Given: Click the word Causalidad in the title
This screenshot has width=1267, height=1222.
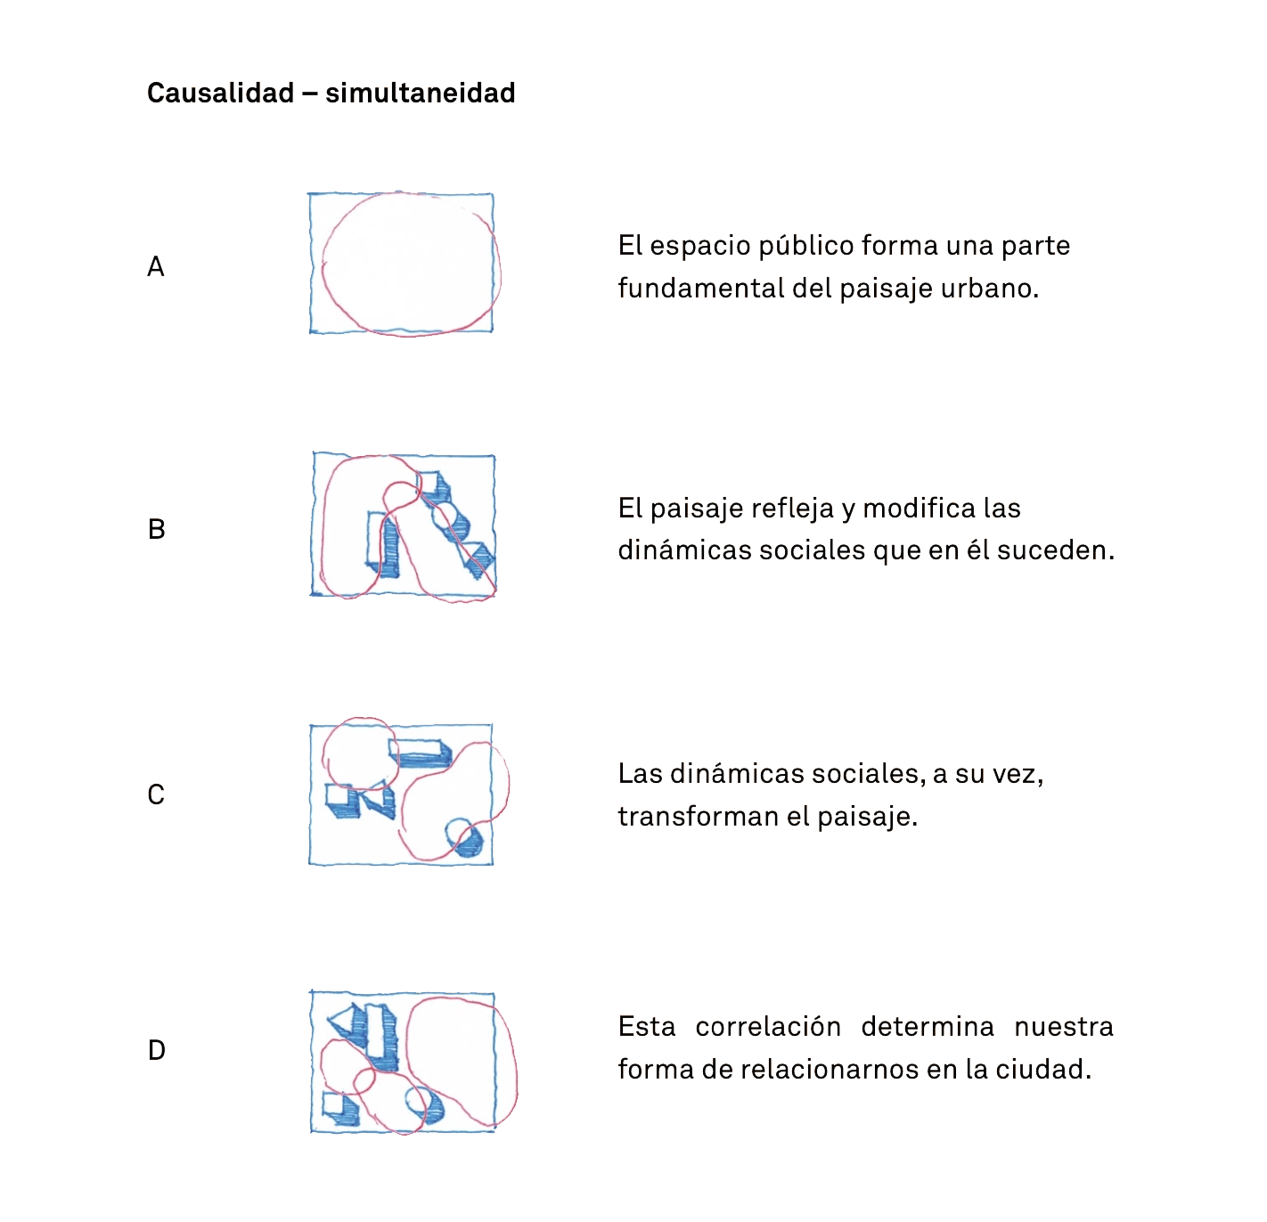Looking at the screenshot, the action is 220,93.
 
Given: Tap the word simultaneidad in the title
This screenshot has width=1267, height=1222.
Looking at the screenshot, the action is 420,93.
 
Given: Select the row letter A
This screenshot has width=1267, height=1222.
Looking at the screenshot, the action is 156,266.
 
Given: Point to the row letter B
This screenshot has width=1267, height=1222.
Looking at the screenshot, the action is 156,529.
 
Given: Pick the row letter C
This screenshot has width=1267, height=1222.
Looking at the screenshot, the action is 156,794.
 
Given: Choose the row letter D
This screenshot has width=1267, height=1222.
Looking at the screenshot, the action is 156,1050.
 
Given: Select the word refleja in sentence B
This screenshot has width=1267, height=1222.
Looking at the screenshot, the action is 789,509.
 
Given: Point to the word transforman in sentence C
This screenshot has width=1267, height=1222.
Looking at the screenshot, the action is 698,816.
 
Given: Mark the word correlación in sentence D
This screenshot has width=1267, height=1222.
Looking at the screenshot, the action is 768,1027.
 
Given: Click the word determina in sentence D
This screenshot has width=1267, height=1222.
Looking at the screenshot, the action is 928,1027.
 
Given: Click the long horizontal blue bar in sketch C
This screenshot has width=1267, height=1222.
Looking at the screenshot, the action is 421,753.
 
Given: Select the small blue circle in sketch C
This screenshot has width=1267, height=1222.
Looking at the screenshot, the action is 463,837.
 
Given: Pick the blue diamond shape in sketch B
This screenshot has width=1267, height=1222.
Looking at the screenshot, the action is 480,560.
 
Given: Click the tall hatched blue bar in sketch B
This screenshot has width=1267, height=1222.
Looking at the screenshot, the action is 383,544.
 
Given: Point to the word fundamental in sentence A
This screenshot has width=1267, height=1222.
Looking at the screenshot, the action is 701,289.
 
